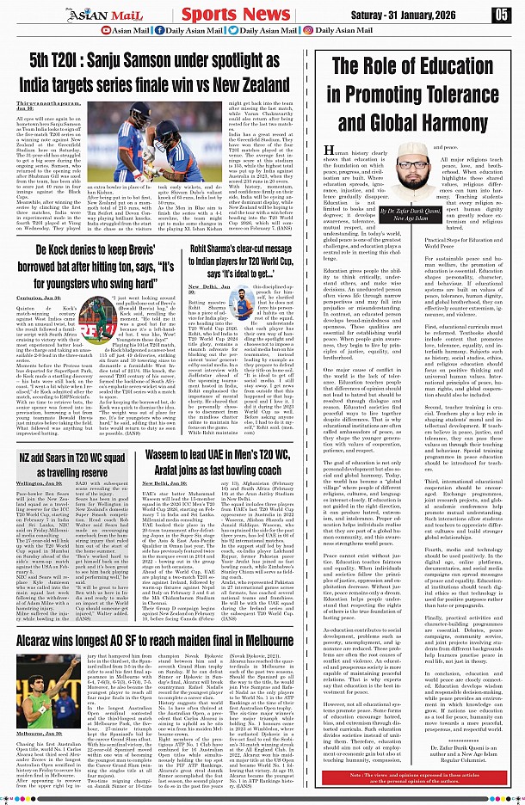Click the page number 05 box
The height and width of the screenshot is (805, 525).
point(501,15)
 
